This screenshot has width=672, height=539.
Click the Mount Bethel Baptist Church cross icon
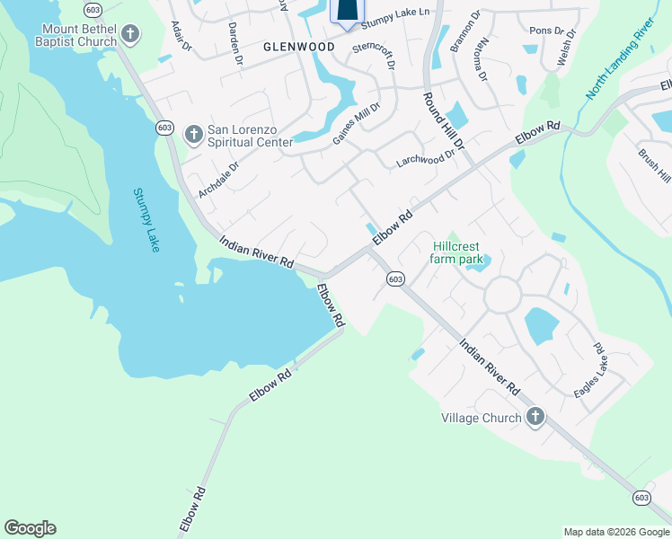(x=130, y=35)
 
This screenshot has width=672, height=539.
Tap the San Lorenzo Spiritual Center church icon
(x=193, y=135)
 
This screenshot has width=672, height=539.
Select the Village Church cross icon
(x=535, y=417)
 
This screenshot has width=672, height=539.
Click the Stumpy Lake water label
(x=146, y=219)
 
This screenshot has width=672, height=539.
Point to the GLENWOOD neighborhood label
(x=299, y=47)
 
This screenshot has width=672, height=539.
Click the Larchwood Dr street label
(x=427, y=158)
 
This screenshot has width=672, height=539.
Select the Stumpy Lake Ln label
(x=395, y=12)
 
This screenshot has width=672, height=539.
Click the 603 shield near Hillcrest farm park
(x=395, y=279)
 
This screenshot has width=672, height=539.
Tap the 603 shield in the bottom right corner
(x=641, y=497)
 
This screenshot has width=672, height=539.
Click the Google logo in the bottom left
(x=30, y=528)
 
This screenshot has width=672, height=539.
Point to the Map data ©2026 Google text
(x=615, y=532)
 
